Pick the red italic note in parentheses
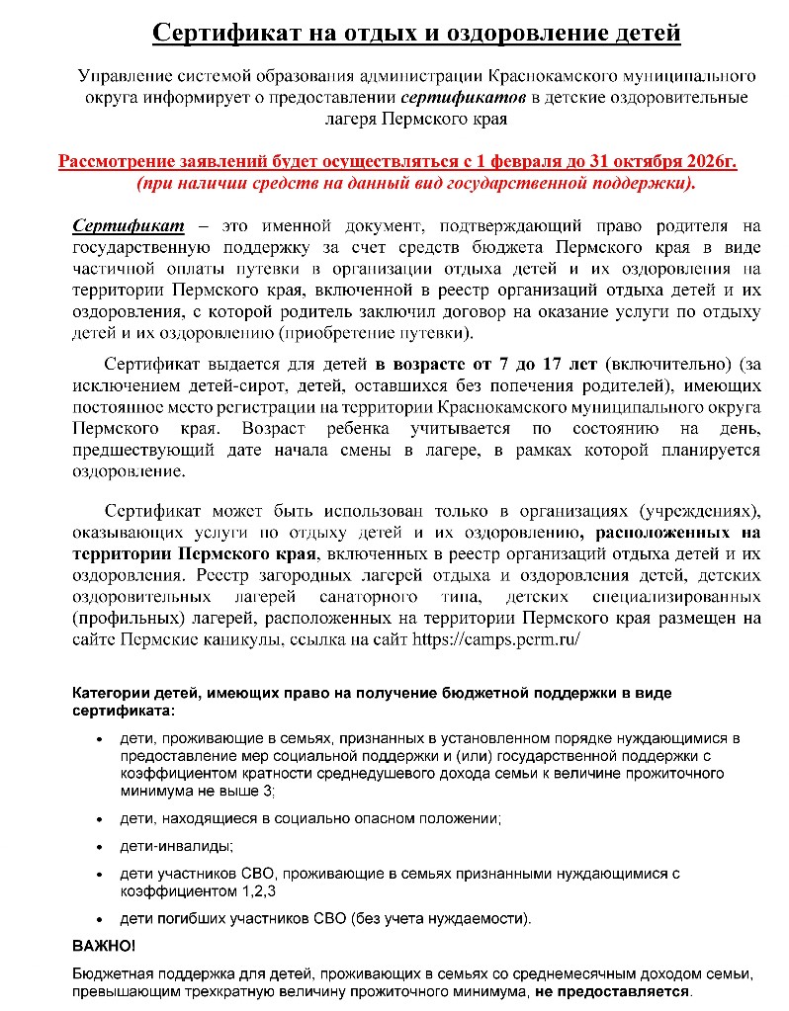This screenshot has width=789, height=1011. [415, 184]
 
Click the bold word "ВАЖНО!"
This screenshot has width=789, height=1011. [104, 945]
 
